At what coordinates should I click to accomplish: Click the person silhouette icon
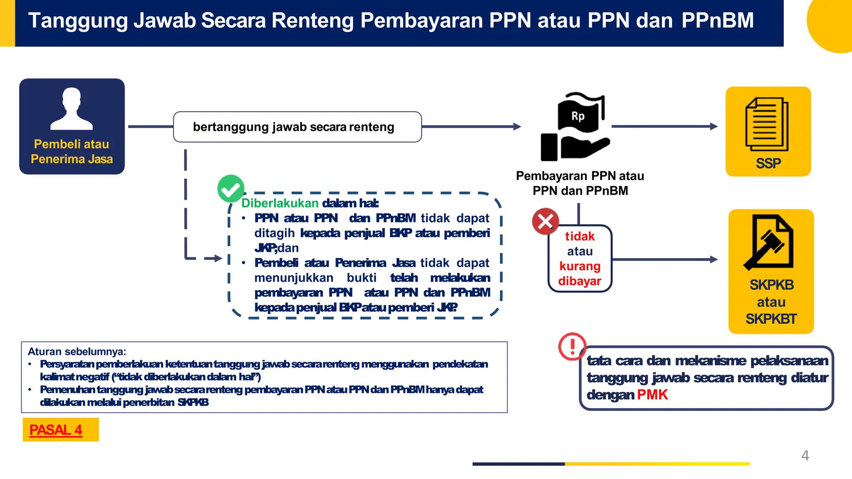coord(72,109)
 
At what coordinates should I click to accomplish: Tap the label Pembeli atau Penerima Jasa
coord(72,151)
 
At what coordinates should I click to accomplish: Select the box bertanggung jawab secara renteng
coord(297,127)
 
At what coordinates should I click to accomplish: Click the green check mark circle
coord(230,189)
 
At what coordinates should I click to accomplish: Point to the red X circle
coord(545,221)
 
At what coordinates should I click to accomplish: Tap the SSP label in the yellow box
coord(768,163)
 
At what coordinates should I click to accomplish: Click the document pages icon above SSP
coord(767,124)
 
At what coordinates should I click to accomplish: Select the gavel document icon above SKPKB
coord(769,242)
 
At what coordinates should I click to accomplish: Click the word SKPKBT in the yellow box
coord(771,319)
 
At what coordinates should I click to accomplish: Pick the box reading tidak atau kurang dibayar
coord(580,259)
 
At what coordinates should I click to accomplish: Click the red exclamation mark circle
coord(572,346)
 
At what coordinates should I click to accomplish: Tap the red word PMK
coord(652,395)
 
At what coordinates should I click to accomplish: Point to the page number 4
coord(805,455)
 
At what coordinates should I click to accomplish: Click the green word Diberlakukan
coord(280,203)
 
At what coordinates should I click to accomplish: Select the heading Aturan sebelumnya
coord(77,351)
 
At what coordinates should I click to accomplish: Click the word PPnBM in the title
coord(717,20)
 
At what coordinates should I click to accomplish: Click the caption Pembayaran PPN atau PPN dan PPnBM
coord(580,183)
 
